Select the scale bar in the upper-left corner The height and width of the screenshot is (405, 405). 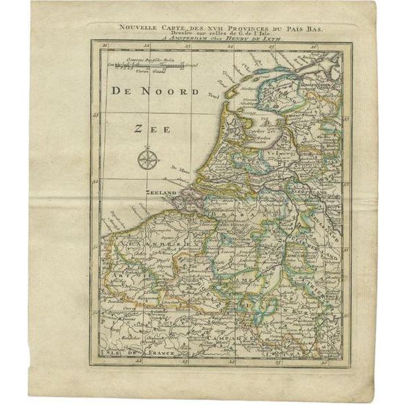click(148, 66)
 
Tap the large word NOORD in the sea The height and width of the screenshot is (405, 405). click(170, 91)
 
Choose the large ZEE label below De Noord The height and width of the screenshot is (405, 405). click(151, 129)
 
